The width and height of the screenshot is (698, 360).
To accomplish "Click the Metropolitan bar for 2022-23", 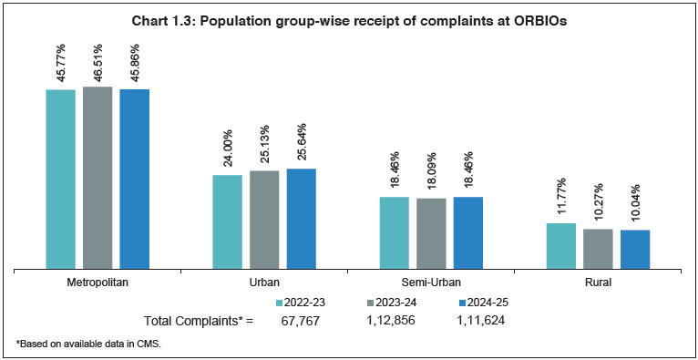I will pos(61,179).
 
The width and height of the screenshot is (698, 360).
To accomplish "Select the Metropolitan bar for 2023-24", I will pos(98,178).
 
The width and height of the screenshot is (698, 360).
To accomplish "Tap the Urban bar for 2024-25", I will pos(301,219).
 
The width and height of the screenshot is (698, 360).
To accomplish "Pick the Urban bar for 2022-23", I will pos(227,221).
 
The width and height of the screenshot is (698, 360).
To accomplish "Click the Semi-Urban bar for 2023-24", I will pos(431,233).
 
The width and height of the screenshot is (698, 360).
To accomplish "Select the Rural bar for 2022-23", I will pos(560,246).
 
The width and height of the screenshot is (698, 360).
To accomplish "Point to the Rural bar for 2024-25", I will pos(635,249).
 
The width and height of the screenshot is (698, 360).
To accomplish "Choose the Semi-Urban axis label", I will pos(431,283).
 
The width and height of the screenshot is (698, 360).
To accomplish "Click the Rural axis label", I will pos(598,283).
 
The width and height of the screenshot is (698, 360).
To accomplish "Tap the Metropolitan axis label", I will pos(98,283).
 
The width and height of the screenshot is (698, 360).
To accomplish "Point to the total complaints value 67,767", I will pos(300,321).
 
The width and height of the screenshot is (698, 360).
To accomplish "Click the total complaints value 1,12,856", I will pos(390,321).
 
